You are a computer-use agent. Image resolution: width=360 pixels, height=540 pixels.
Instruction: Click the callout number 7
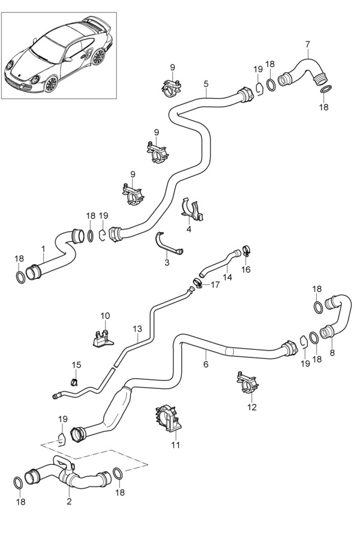(307, 44)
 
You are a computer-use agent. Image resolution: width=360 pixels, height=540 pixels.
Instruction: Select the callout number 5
(206, 84)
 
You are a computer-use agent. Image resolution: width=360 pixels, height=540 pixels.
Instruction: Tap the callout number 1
(43, 248)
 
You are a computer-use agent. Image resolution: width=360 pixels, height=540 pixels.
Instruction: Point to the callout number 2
(69, 502)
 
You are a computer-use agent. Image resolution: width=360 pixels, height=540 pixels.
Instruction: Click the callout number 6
(205, 364)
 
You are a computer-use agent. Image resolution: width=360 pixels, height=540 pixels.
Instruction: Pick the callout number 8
(332, 353)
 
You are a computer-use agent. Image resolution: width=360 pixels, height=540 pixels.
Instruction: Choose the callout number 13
(137, 329)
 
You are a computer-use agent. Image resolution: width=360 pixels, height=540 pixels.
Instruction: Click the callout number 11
(175, 445)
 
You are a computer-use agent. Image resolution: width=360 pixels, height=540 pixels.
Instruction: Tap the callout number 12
(251, 407)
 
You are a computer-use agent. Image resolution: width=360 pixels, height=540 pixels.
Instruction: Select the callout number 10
(105, 316)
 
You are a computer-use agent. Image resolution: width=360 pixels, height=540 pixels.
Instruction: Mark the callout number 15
(76, 365)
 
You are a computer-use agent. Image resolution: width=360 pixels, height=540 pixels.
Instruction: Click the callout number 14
(227, 277)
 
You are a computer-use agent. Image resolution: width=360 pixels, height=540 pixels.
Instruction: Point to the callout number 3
(166, 262)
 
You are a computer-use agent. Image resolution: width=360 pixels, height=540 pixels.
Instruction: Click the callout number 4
(188, 229)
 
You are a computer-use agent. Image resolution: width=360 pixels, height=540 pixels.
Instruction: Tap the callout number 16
(245, 270)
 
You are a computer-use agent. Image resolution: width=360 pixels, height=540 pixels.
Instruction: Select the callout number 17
(215, 284)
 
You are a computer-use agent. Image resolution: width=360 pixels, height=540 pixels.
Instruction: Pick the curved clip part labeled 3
(168, 243)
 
